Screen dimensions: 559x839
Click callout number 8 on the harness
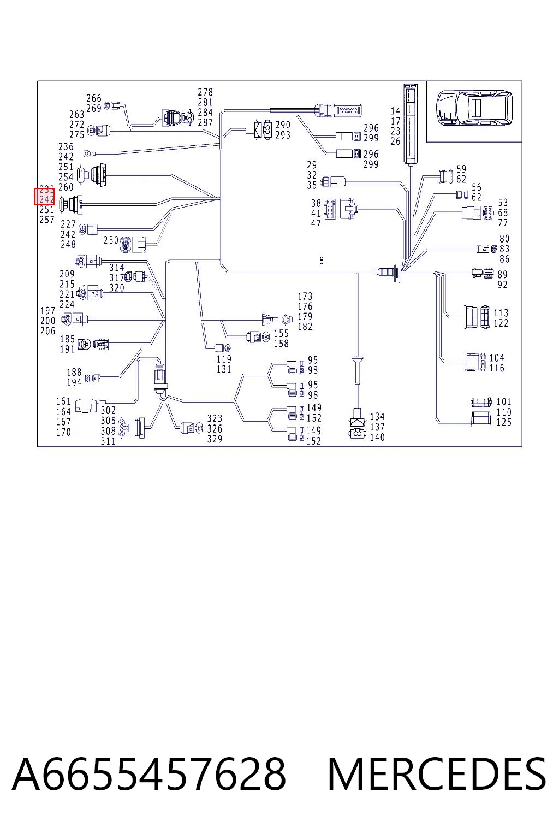click(321, 261)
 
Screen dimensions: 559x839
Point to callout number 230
click(111, 240)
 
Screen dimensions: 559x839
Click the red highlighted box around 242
click(45, 197)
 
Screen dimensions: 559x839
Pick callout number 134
click(377, 417)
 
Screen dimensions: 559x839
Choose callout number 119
click(224, 359)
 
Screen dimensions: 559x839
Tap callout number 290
click(283, 125)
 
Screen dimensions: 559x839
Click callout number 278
click(205, 92)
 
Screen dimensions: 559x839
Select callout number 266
click(93, 98)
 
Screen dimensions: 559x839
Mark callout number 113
click(501, 313)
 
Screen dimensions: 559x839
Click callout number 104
click(496, 358)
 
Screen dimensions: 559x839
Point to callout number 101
click(503, 401)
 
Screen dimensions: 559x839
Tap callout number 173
click(305, 296)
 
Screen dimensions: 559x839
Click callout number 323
click(215, 418)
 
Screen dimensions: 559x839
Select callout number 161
click(63, 401)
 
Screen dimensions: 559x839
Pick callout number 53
click(502, 203)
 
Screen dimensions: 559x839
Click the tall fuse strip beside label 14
click(411, 124)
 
